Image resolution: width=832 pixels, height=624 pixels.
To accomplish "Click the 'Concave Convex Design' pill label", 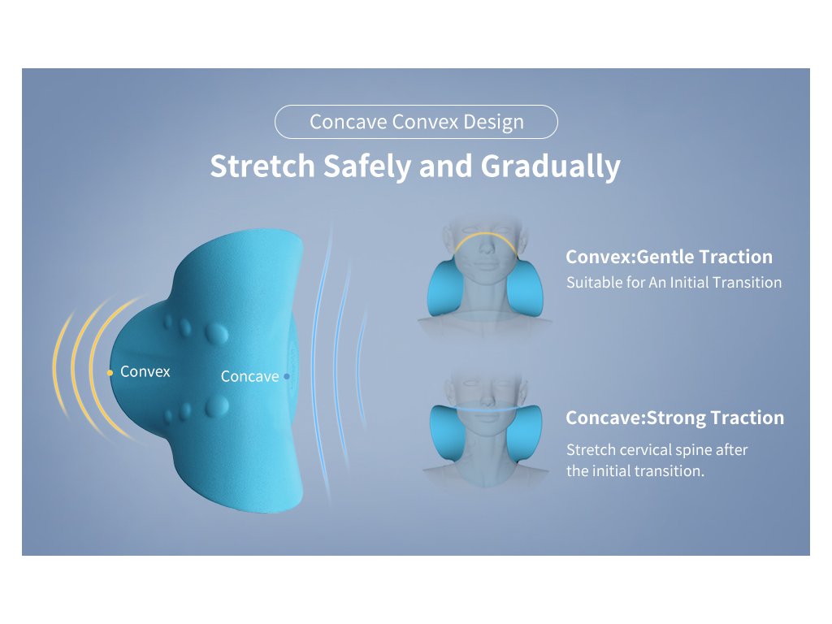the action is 416,122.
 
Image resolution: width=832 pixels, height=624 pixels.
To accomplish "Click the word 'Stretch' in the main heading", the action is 262,166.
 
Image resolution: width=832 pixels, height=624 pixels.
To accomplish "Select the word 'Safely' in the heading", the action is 367,167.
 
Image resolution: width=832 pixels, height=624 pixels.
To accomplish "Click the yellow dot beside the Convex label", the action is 110,373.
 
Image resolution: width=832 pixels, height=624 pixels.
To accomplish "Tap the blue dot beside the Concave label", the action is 287,376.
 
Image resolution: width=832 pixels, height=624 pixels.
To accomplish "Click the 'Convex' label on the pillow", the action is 145,371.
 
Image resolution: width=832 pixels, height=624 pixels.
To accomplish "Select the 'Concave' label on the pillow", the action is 249,376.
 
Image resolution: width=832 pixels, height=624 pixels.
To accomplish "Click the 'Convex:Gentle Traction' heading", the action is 669,257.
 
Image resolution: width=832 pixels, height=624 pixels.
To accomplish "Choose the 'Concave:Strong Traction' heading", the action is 675,418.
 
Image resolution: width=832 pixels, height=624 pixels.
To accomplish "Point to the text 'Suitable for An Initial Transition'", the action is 674,282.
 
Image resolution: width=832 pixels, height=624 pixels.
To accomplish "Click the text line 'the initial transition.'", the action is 635,470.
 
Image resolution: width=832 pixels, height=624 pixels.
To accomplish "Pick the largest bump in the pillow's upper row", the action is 216,333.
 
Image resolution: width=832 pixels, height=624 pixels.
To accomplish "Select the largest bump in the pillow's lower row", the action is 216,406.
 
